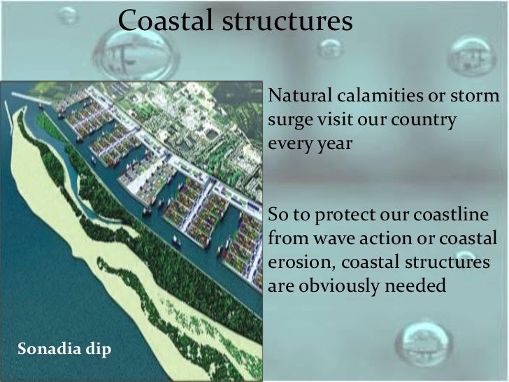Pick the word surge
click(287, 119)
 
